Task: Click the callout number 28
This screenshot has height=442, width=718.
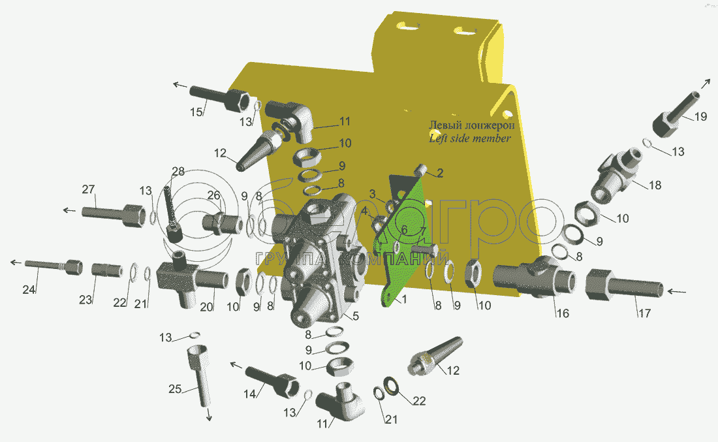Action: (178, 172)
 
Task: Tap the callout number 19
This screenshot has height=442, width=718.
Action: (700, 117)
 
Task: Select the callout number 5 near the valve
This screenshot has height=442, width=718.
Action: (355, 315)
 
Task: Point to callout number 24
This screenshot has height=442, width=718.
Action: (29, 289)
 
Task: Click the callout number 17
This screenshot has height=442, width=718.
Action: (644, 313)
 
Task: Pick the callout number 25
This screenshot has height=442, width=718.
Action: (175, 389)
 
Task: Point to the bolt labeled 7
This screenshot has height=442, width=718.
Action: (424, 251)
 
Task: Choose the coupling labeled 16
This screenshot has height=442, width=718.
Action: (534, 276)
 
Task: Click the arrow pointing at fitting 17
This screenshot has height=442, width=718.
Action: (676, 291)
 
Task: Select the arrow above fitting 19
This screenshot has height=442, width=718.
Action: (706, 84)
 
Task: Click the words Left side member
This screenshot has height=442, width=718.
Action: (470, 138)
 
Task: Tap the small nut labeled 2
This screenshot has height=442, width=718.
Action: (421, 170)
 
